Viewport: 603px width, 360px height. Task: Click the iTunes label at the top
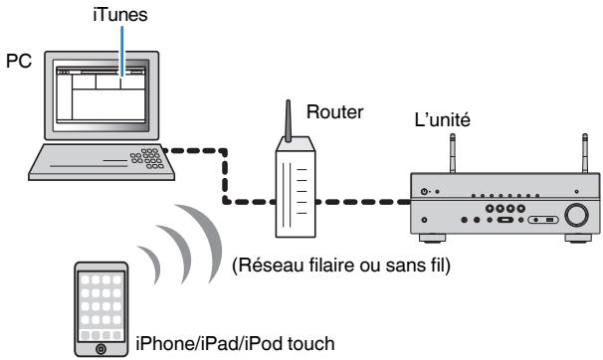point(122,15)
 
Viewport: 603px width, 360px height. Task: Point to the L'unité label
point(445,120)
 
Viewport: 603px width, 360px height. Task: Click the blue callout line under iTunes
point(122,50)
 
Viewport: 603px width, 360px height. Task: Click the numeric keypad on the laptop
point(149,158)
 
